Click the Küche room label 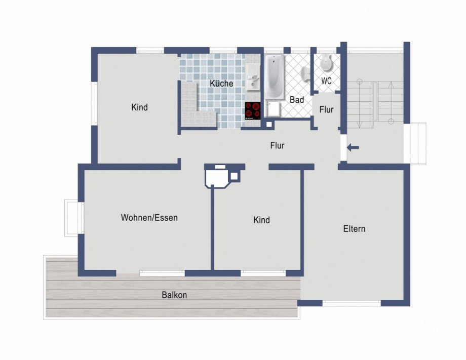221,83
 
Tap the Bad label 297,100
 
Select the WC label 326,81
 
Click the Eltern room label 354,229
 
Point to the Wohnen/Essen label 149,217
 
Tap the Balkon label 174,295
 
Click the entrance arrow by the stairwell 353,147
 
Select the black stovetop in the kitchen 253,111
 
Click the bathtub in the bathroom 274,76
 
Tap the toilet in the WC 326,62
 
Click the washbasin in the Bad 305,73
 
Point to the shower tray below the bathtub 273,109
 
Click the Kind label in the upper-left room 139,107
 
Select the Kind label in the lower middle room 261,220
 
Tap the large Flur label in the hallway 277,145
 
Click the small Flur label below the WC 326,109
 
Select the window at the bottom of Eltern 352,303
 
